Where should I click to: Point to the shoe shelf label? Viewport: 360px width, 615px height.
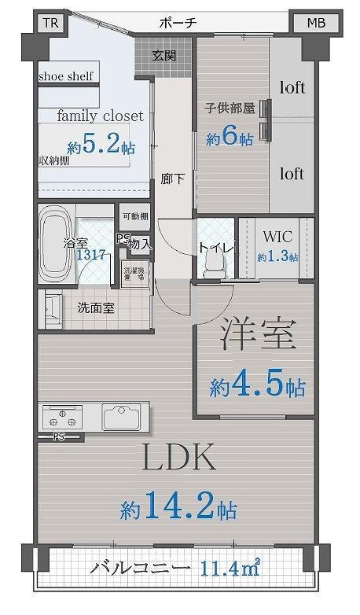[67, 77]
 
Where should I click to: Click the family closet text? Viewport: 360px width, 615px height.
[101, 116]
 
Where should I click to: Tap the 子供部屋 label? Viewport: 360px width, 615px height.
[230, 108]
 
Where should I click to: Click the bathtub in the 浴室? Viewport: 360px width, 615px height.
[57, 228]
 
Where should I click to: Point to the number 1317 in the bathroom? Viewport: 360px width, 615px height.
[92, 253]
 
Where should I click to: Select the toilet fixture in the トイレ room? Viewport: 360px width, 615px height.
[211, 268]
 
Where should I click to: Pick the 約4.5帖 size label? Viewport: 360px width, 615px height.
[258, 387]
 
